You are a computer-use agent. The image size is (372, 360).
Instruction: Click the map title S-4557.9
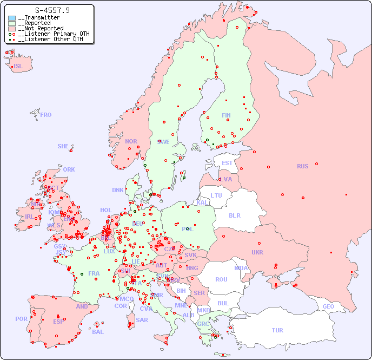click(52, 10)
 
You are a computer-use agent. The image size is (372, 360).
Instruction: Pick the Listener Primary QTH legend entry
click(50, 34)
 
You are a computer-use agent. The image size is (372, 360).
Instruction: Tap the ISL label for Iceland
click(18, 67)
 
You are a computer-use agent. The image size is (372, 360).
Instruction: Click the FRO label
click(46, 115)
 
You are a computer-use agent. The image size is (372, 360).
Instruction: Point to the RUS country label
click(302, 166)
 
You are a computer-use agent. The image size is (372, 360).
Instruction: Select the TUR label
click(277, 330)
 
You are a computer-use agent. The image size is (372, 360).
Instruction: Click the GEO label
click(328, 306)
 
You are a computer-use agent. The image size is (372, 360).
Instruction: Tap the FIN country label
click(226, 115)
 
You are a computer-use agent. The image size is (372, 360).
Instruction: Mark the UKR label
click(257, 252)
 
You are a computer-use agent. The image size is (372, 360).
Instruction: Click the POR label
click(21, 319)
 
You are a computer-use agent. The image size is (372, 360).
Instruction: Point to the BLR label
click(234, 215)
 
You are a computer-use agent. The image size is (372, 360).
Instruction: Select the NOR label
click(131, 141)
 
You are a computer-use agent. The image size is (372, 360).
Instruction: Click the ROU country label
click(221, 279)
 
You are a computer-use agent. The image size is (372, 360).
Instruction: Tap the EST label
click(227, 163)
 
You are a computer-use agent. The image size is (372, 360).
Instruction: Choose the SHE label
click(63, 146)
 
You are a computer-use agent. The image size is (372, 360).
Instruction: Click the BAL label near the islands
click(98, 332)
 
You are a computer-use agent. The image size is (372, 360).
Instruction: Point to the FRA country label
click(94, 273)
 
